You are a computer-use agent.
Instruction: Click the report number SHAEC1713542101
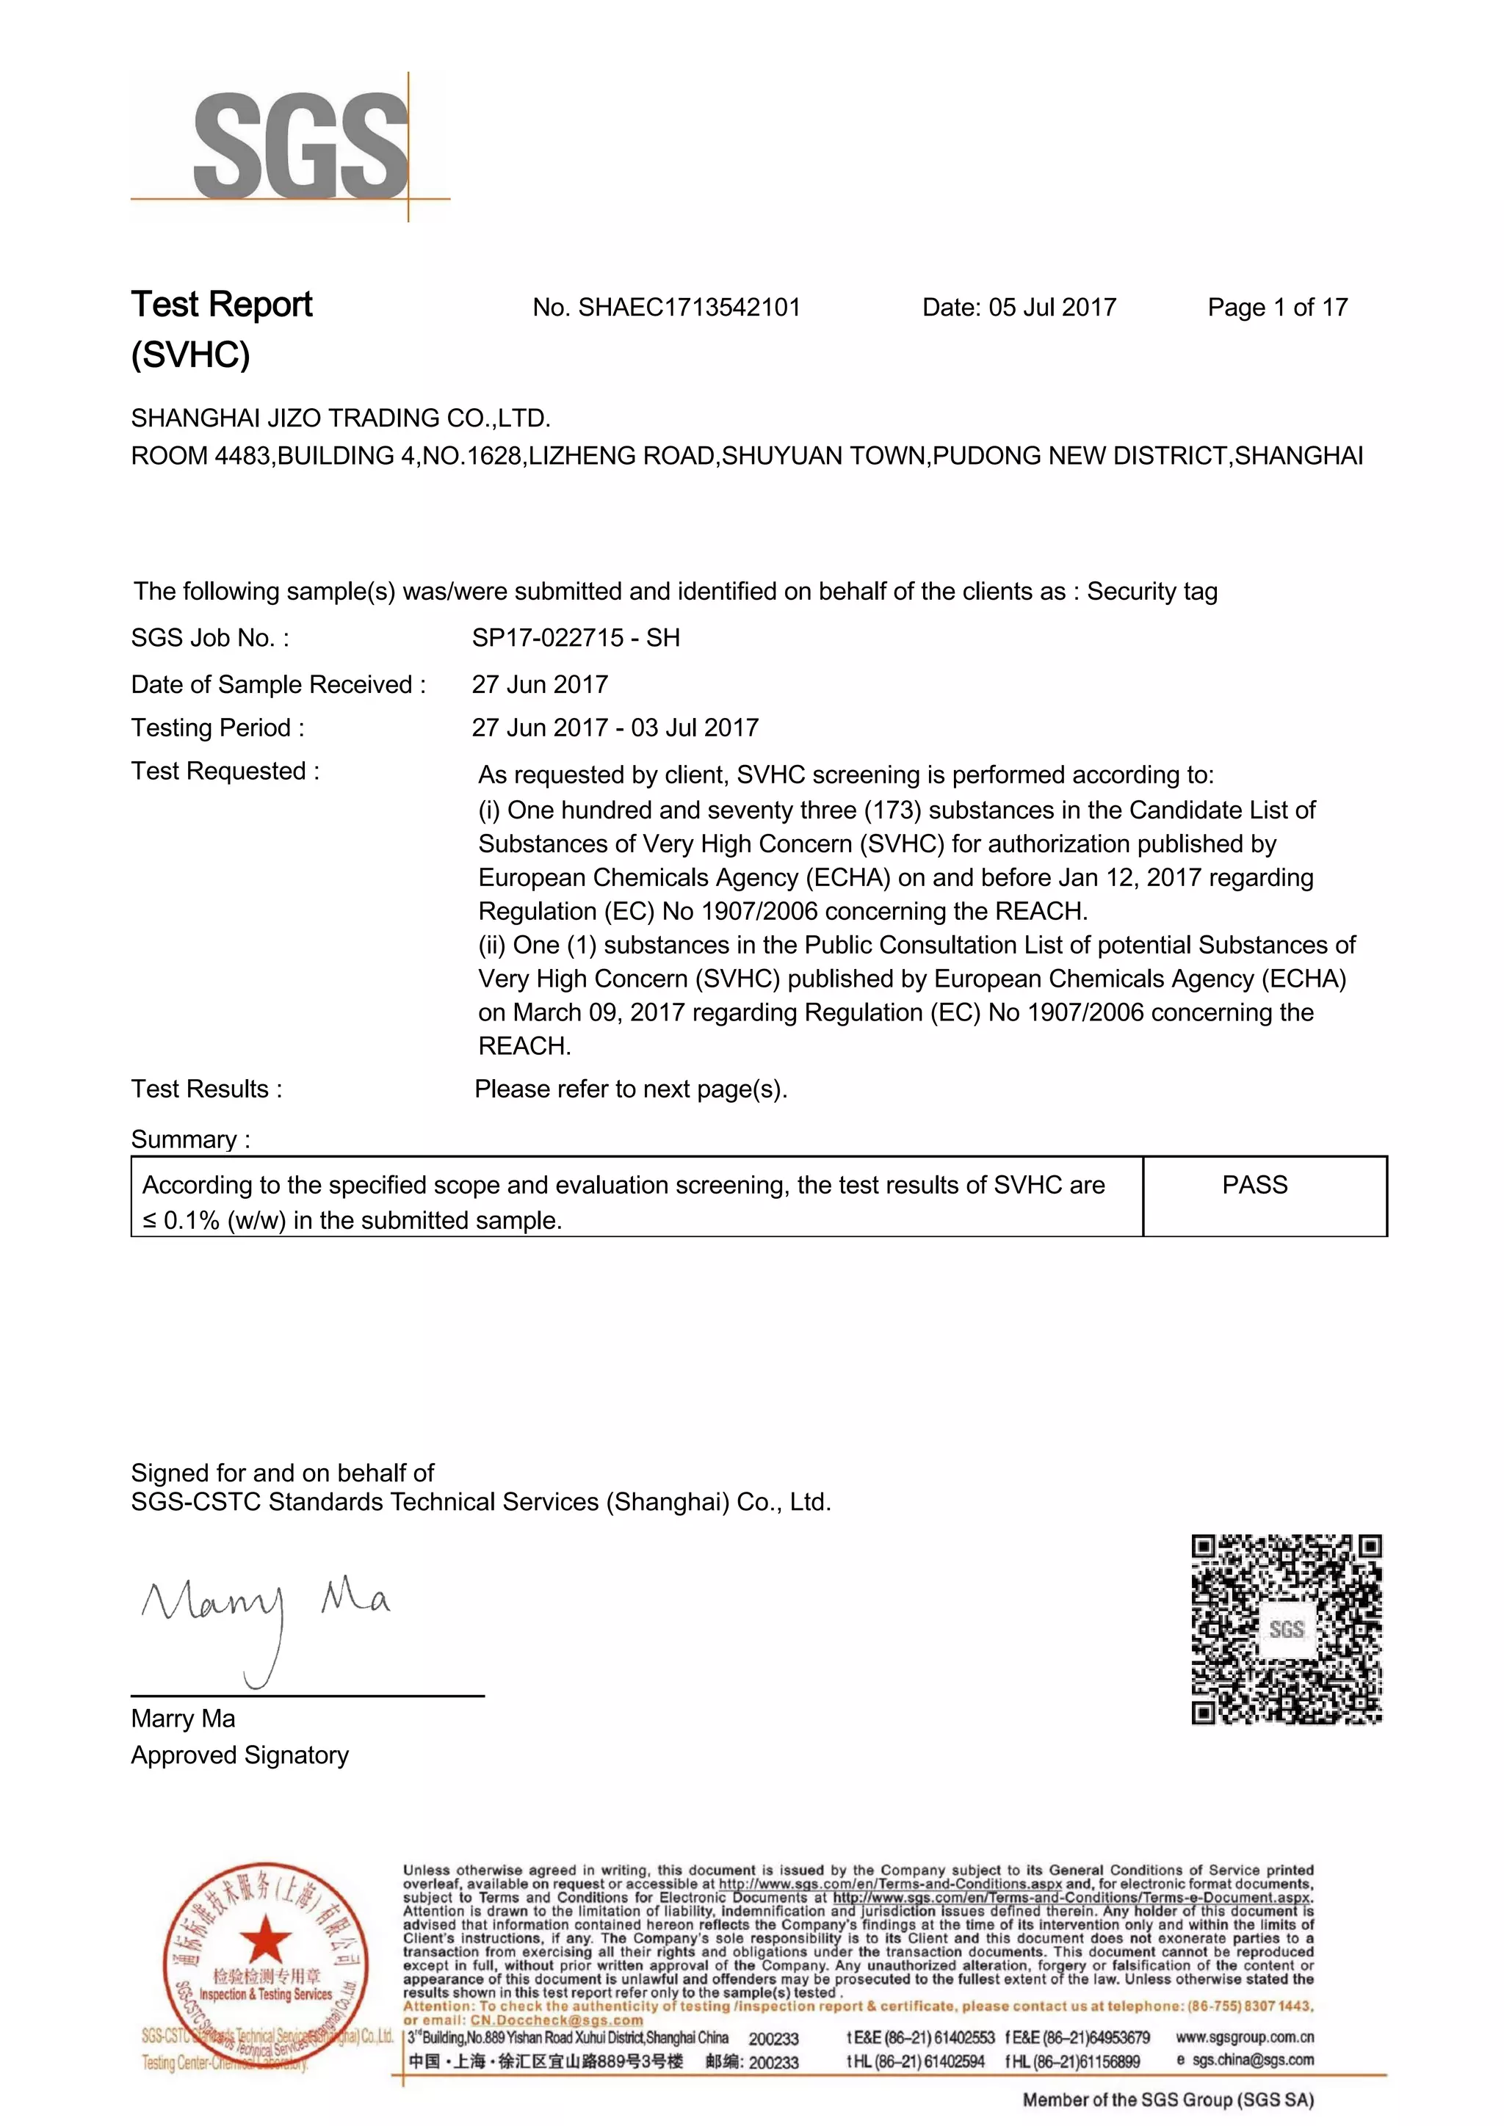pyautogui.click(x=689, y=308)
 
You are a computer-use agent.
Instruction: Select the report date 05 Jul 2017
pyautogui.click(x=1052, y=308)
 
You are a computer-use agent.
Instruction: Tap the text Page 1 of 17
pyautogui.click(x=1277, y=308)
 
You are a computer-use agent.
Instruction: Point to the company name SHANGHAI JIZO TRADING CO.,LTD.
pyautogui.click(x=341, y=418)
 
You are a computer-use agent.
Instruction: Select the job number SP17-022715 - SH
pyautogui.click(x=575, y=638)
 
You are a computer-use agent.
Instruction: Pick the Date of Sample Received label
pyautogui.click(x=278, y=684)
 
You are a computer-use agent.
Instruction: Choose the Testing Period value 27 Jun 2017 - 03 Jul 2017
pyautogui.click(x=615, y=728)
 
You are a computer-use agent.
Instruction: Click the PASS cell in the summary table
pyautogui.click(x=1254, y=1185)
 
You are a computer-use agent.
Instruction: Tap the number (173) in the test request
pyautogui.click(x=893, y=810)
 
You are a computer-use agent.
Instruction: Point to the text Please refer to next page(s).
pyautogui.click(x=631, y=1089)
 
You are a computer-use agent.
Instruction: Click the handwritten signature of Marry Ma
pyautogui.click(x=264, y=1615)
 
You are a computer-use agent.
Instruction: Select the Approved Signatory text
pyautogui.click(x=240, y=1755)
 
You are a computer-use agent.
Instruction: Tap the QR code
pyautogui.click(x=1287, y=1629)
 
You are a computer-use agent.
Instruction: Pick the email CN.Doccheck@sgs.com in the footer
pyautogui.click(x=556, y=2020)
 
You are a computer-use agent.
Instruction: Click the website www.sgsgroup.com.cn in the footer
pyautogui.click(x=1244, y=2037)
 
